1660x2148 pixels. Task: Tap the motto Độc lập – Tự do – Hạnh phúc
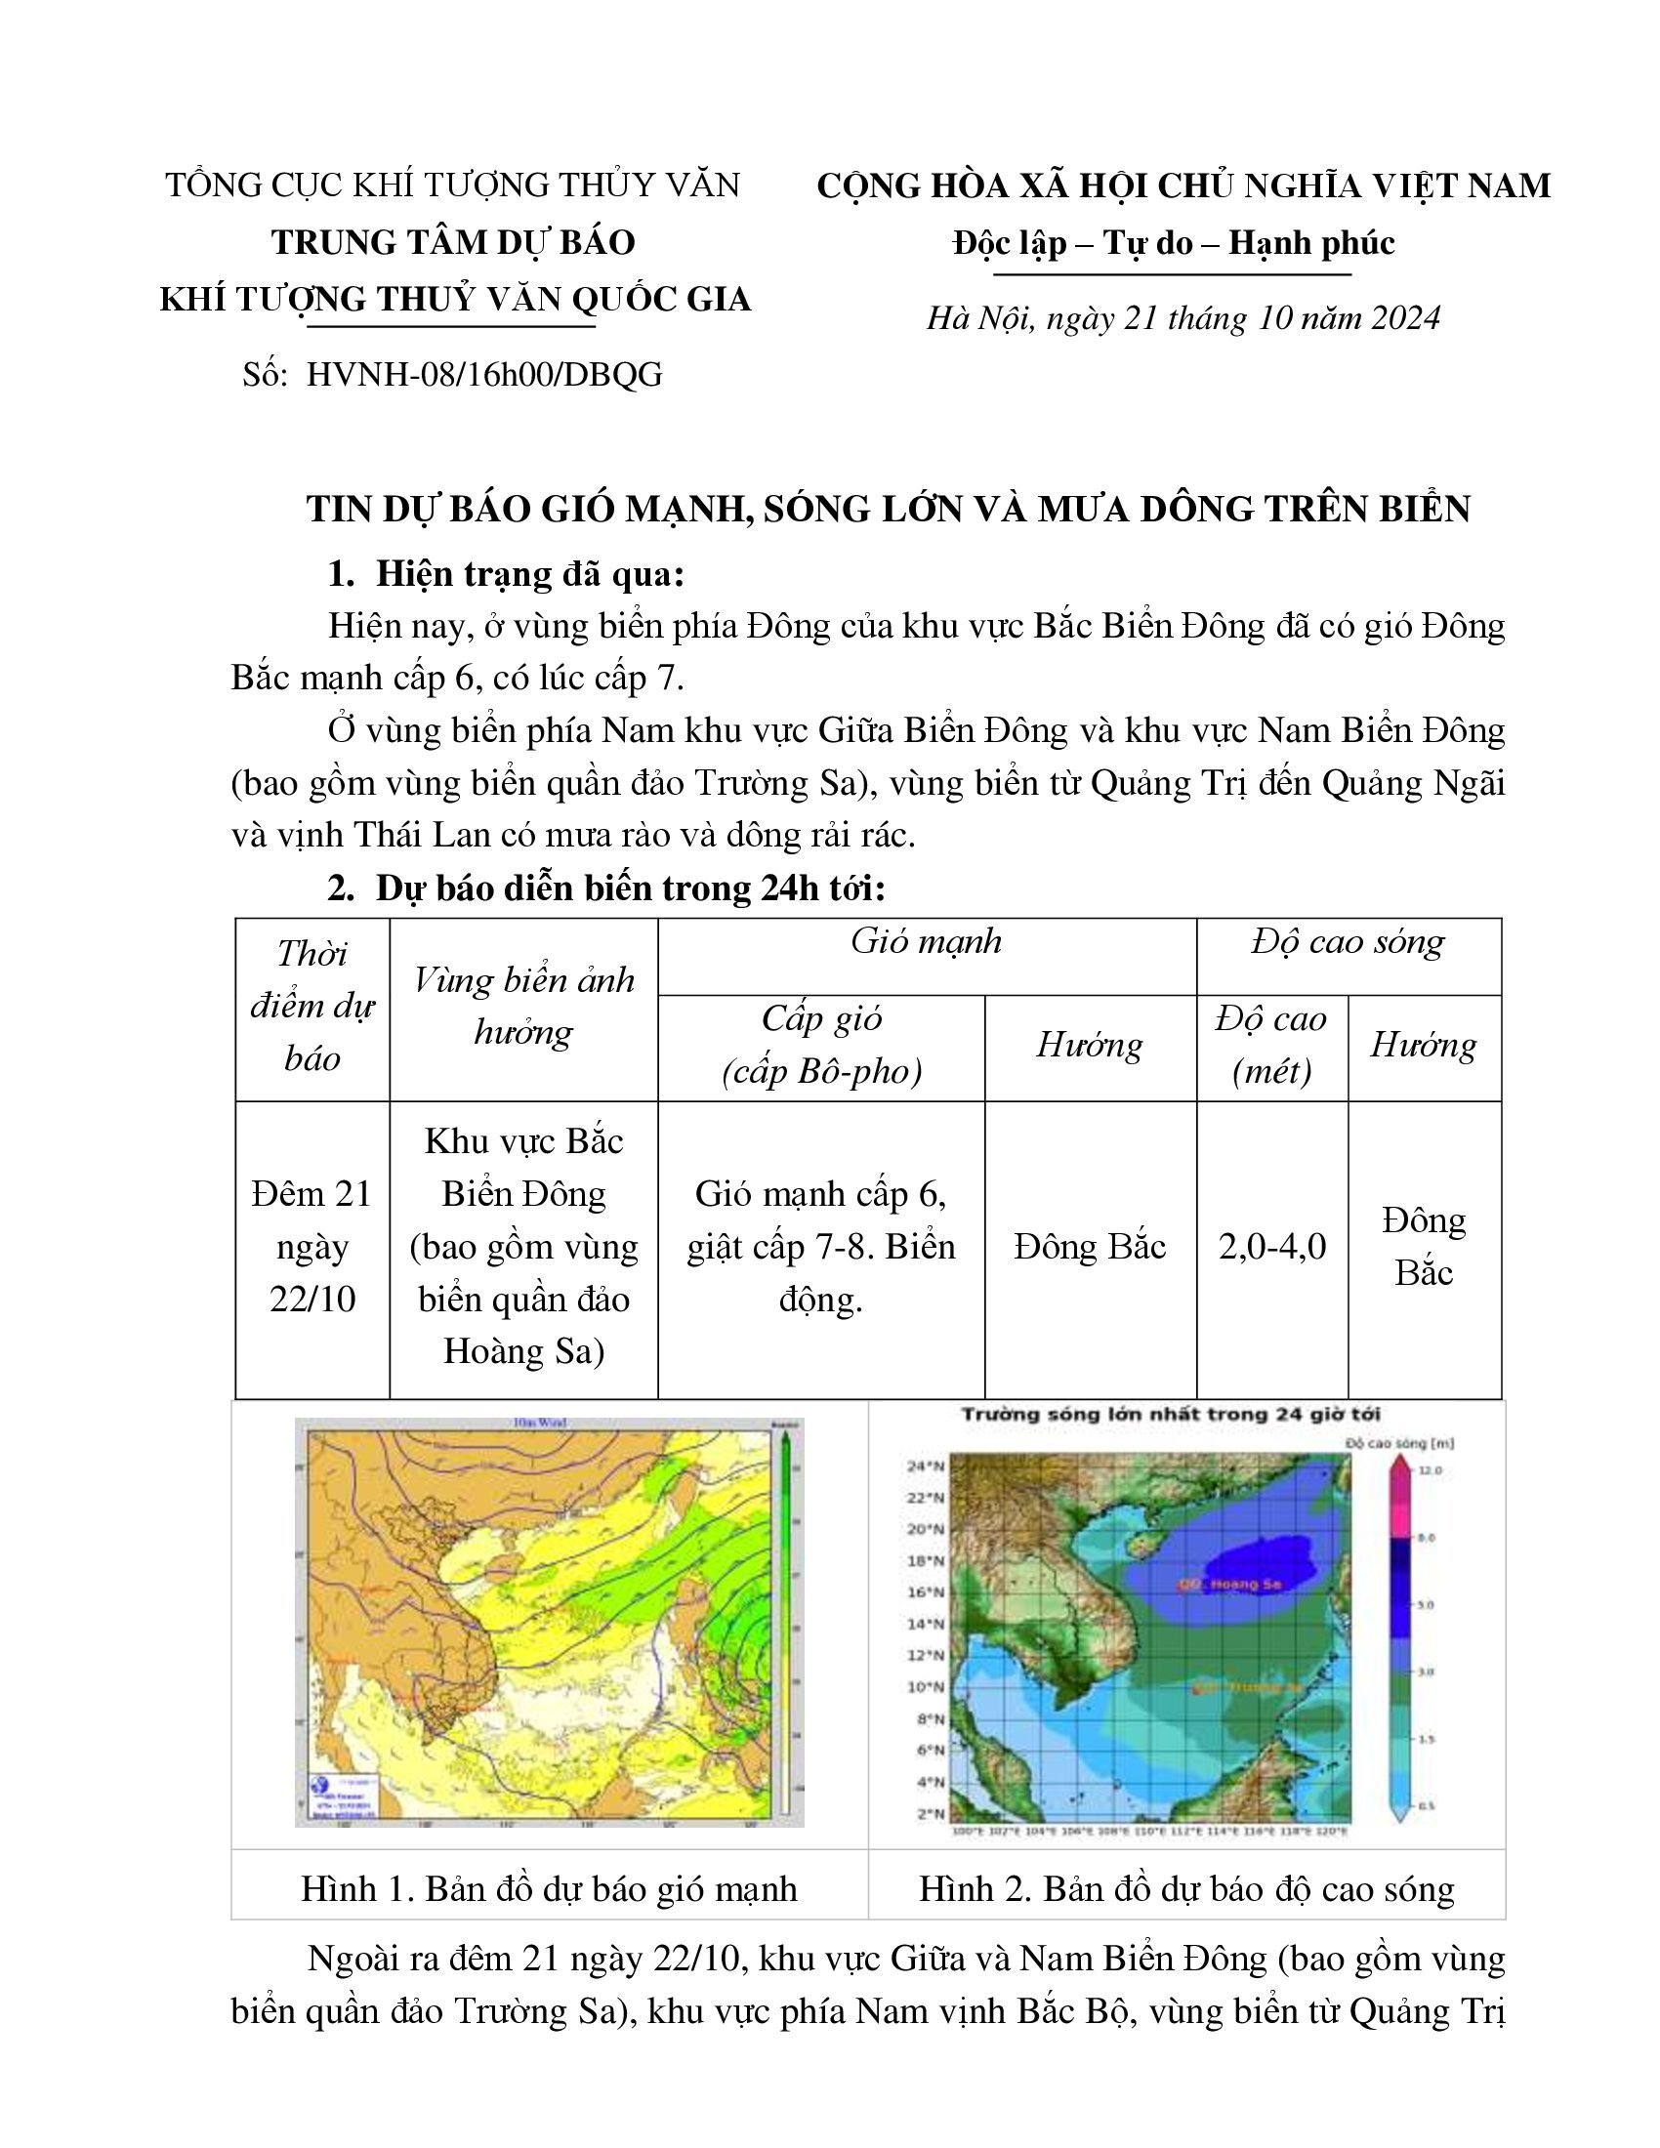[x=1173, y=243]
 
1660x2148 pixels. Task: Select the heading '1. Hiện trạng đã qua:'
[x=507, y=574]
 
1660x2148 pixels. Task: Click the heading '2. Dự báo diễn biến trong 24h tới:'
[x=606, y=888]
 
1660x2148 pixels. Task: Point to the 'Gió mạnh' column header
[x=927, y=942]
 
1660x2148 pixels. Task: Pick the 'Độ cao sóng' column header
[x=1348, y=942]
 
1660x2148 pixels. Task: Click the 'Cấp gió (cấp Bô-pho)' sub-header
[x=821, y=1045]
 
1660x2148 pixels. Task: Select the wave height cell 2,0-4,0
[x=1271, y=1247]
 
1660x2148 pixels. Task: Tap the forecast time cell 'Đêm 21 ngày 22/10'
[x=311, y=1246]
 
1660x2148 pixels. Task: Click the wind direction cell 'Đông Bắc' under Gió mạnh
[x=1090, y=1247]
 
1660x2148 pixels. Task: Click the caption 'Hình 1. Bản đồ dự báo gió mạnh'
[x=549, y=1889]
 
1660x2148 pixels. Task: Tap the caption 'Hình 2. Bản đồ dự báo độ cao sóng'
[x=1186, y=1889]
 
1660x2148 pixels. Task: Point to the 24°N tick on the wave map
[x=925, y=1466]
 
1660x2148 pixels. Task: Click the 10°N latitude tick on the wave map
[x=925, y=1687]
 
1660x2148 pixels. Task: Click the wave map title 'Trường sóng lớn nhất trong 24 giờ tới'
[x=1170, y=1415]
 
